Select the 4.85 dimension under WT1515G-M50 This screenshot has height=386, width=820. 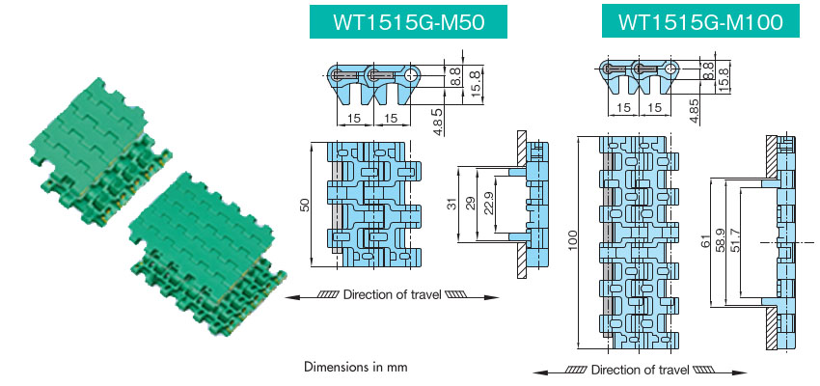click(x=437, y=124)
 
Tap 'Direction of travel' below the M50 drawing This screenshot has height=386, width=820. click(x=391, y=297)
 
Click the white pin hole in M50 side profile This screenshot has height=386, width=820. click(x=412, y=74)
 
